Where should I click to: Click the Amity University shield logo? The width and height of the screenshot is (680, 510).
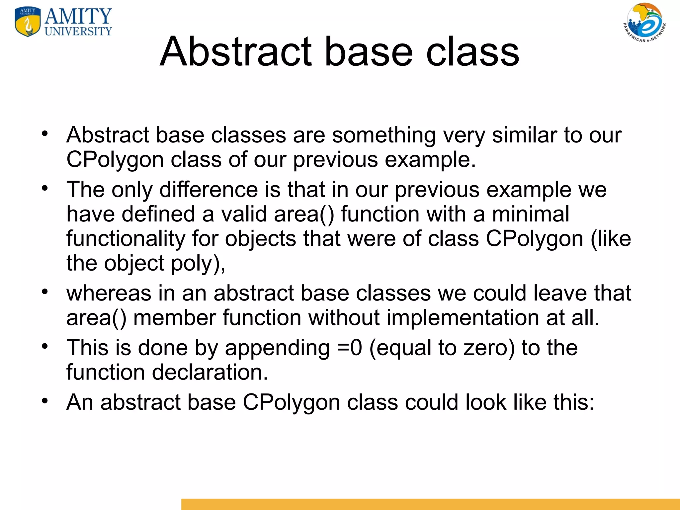(x=28, y=22)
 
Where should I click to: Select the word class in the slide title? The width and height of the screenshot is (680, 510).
(x=472, y=52)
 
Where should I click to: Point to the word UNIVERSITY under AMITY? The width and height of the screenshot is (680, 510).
(x=78, y=31)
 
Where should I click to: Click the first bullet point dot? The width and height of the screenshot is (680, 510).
(x=45, y=134)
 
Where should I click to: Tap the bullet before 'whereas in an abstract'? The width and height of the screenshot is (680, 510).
(x=45, y=292)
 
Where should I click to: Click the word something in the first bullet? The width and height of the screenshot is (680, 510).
(x=384, y=135)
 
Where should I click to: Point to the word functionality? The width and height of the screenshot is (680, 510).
(x=126, y=239)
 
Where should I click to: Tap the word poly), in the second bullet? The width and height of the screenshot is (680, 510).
(x=198, y=263)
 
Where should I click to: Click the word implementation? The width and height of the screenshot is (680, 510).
(x=463, y=318)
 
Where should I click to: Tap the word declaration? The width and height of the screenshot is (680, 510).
(x=210, y=372)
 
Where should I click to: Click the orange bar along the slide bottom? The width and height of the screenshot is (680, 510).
(x=430, y=504)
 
